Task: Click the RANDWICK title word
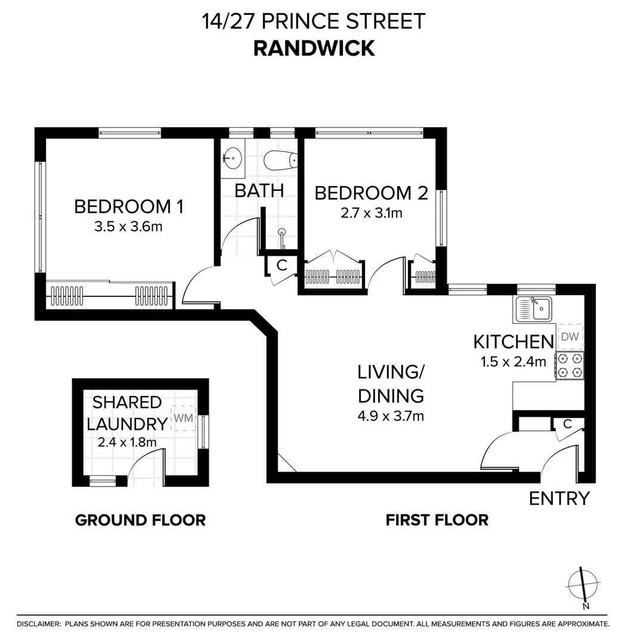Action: pyautogui.click(x=314, y=48)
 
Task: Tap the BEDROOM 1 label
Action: pyautogui.click(x=128, y=207)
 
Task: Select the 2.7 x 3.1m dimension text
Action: pyautogui.click(x=371, y=213)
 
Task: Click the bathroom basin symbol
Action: pyautogui.click(x=232, y=159)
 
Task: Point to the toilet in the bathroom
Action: pyautogui.click(x=280, y=160)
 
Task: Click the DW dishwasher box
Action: pyautogui.click(x=570, y=337)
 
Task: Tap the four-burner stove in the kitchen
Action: pyautogui.click(x=570, y=366)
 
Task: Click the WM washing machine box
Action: pyautogui.click(x=183, y=418)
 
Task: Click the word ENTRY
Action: pyautogui.click(x=559, y=498)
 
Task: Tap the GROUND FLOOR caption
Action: pyautogui.click(x=140, y=520)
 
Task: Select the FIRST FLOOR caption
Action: pyautogui.click(x=437, y=520)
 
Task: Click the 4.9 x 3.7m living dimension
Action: pyautogui.click(x=391, y=416)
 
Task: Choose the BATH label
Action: pyautogui.click(x=258, y=191)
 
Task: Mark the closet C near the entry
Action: pyautogui.click(x=568, y=424)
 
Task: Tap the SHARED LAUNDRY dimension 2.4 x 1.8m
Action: pyautogui.click(x=127, y=442)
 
